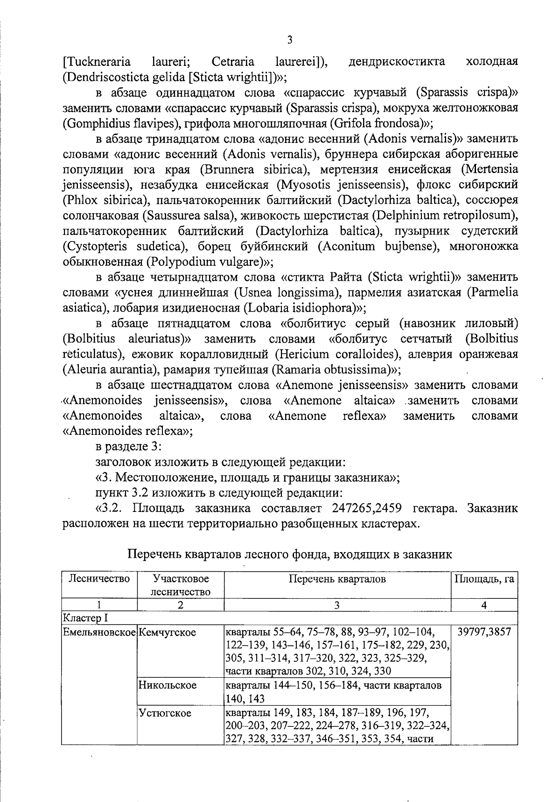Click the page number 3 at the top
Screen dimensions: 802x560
pos(289,40)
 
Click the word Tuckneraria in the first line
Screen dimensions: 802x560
pos(97,62)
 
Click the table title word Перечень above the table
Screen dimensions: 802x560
pos(154,554)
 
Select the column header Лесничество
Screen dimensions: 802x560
pos(99,579)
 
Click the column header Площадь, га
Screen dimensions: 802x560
pos(484,579)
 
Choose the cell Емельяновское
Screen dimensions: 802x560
pos(99,632)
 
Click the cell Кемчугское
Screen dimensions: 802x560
pos(168,632)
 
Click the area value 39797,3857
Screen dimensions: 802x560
pos(484,632)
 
